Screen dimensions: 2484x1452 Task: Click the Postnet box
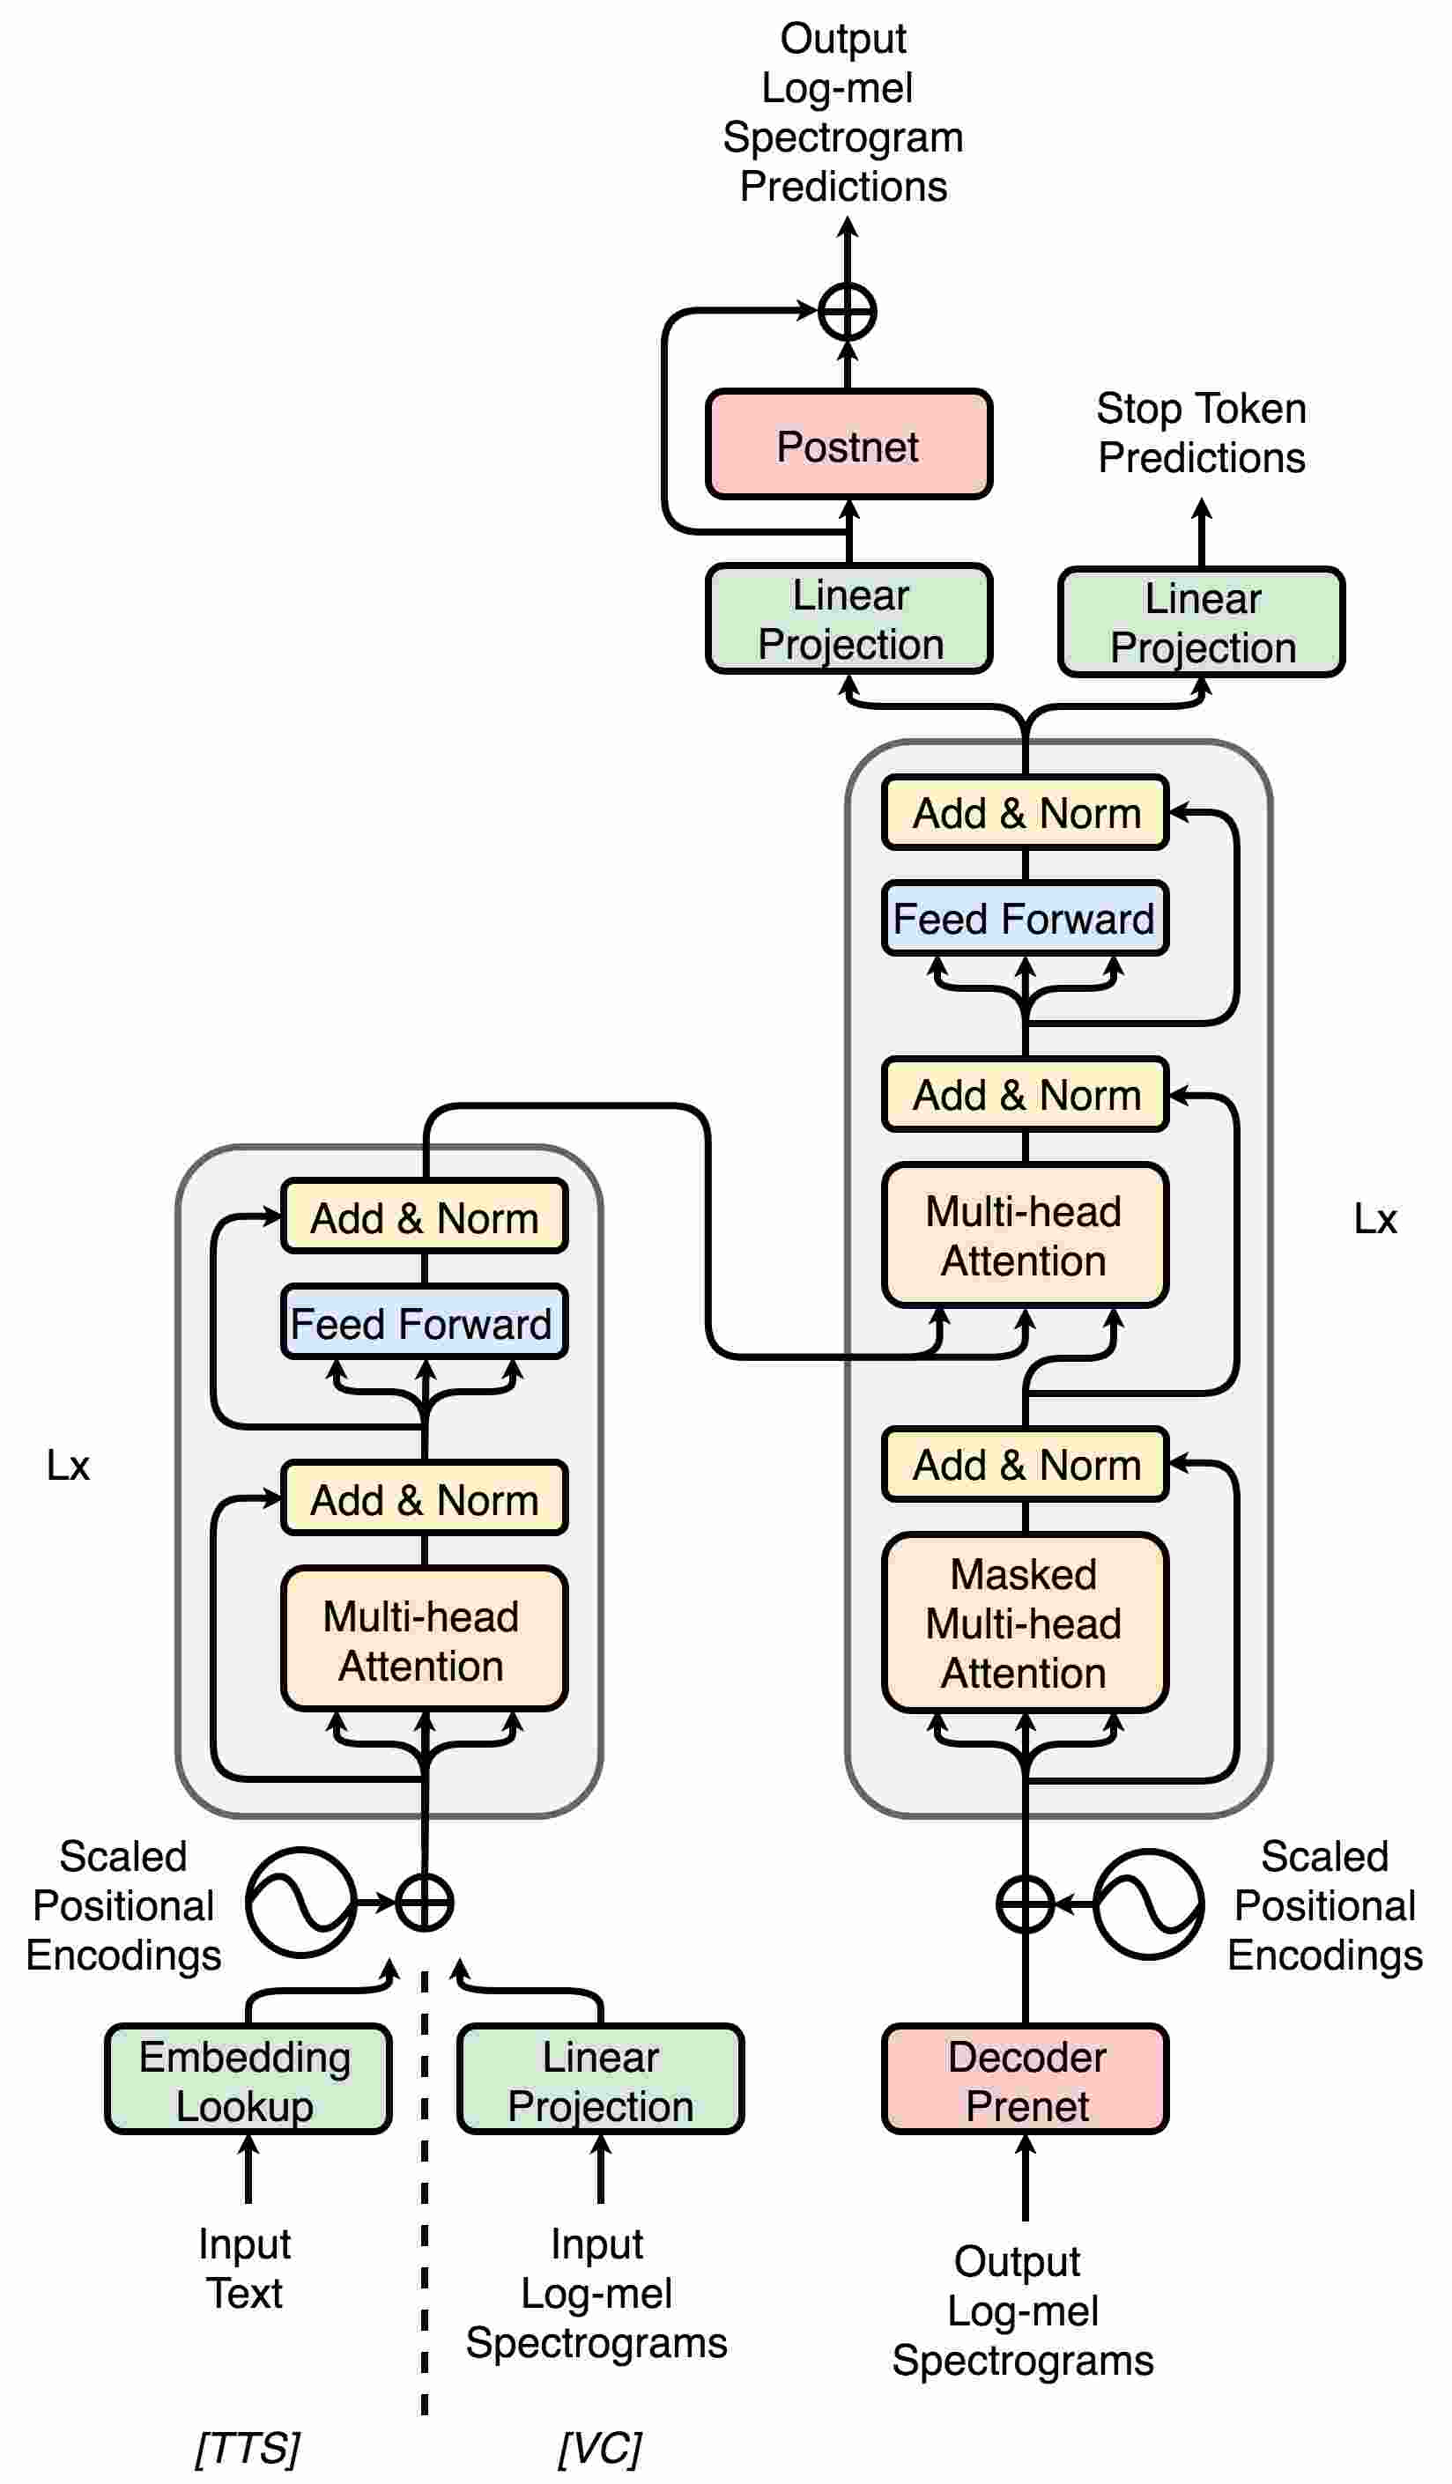[x=848, y=445]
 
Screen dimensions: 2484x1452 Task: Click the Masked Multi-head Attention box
[x=1026, y=1623]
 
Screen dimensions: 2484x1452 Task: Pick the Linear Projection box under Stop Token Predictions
[x=1202, y=622]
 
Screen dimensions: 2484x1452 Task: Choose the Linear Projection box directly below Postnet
[x=848, y=619]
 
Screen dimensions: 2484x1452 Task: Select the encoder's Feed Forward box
[x=424, y=1323]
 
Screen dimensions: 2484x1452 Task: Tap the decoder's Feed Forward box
[x=1026, y=918]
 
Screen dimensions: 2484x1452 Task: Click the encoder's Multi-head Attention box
[x=424, y=1639]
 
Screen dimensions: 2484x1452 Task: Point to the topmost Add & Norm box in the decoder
[x=1026, y=812]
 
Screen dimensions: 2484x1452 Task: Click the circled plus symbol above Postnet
[x=848, y=312]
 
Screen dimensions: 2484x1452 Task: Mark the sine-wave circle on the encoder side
[x=300, y=1903]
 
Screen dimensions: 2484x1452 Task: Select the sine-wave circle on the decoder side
[x=1148, y=1904]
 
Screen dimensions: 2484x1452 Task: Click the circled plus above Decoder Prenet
[x=1026, y=1904]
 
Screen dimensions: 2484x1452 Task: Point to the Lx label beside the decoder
[x=1374, y=1219]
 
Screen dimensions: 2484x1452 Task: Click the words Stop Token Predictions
[x=1202, y=432]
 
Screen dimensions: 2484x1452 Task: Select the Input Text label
[x=244, y=2268]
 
